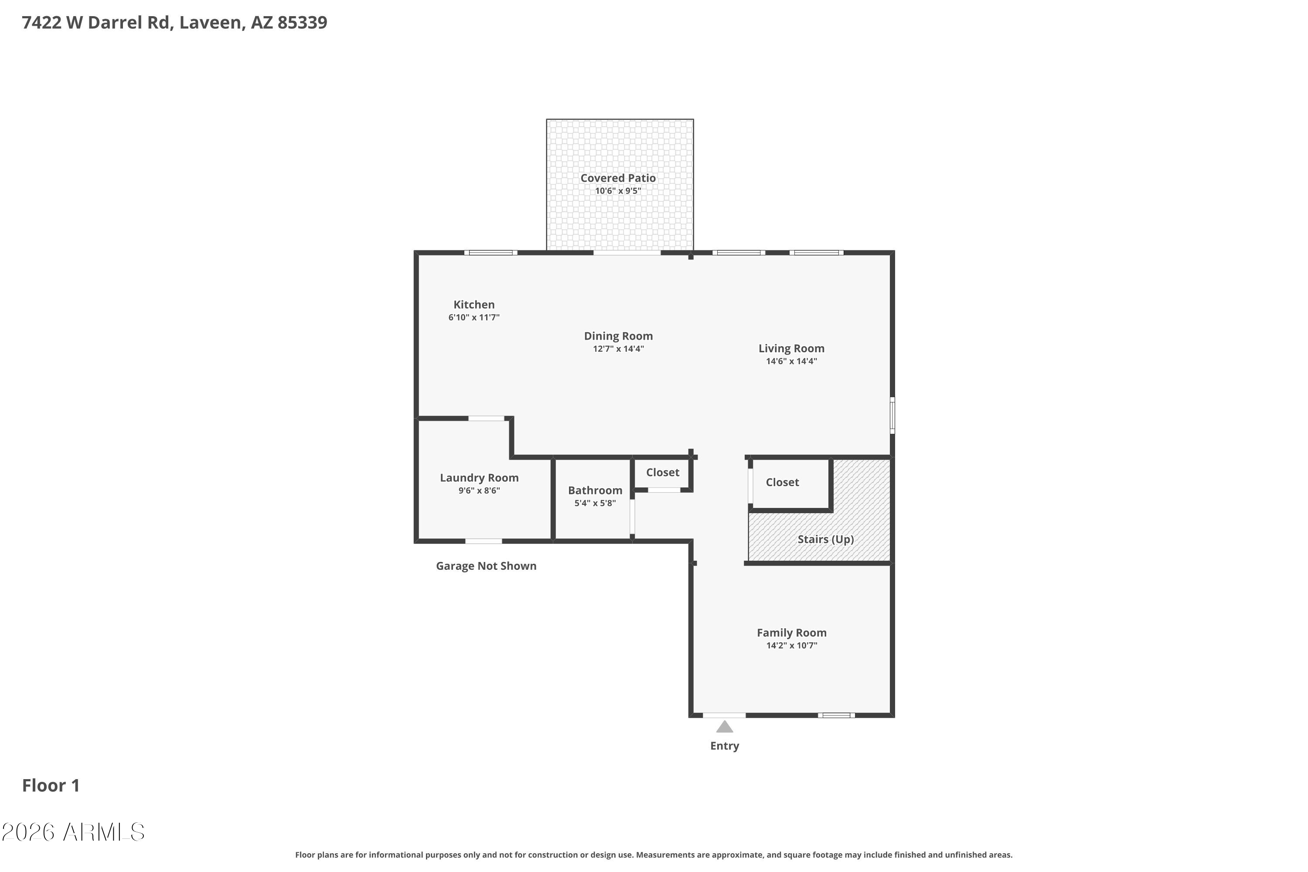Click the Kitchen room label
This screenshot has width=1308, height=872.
474,304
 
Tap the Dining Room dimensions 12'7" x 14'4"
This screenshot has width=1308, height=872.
618,349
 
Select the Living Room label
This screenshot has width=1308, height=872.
791,349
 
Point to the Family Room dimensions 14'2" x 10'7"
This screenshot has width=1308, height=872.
792,645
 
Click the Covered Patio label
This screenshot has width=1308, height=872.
618,178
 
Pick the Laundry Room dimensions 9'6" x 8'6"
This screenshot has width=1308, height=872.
479,490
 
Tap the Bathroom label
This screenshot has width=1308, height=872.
595,490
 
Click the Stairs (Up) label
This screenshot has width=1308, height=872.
826,539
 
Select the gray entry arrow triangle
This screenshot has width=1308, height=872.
724,726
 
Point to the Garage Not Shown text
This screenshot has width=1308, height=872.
486,565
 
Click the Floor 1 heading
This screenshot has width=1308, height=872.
51,785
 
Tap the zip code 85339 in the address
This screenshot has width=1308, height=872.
302,22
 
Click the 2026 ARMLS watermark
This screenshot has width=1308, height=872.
73,832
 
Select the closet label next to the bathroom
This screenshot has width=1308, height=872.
662,472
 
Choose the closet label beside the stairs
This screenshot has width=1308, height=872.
782,482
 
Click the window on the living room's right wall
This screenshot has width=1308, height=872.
892,415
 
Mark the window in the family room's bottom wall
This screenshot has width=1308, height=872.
836,715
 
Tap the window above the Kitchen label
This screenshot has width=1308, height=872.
490,253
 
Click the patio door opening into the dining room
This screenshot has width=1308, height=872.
627,253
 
